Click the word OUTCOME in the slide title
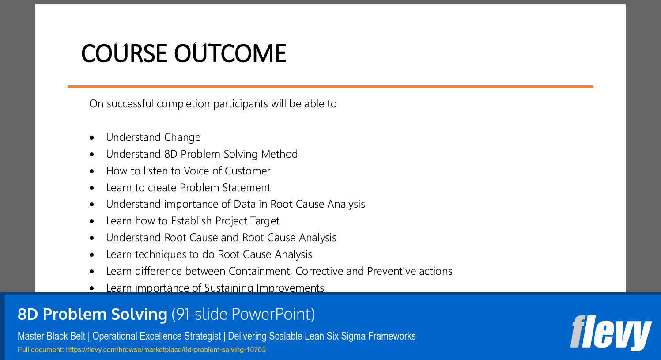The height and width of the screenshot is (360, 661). (x=230, y=53)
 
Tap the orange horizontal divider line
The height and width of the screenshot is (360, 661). (x=330, y=87)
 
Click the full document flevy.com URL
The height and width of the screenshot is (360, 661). (x=166, y=350)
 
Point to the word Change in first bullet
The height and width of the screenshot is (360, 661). (x=182, y=137)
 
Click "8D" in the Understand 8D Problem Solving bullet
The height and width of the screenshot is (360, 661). (x=170, y=154)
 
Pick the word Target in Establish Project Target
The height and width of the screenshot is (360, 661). (x=264, y=221)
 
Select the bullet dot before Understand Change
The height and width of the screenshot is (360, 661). (x=92, y=138)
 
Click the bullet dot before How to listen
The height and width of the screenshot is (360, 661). (x=92, y=171)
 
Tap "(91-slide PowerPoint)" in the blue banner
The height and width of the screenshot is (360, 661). (x=243, y=314)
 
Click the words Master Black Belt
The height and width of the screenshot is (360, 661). (x=51, y=336)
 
